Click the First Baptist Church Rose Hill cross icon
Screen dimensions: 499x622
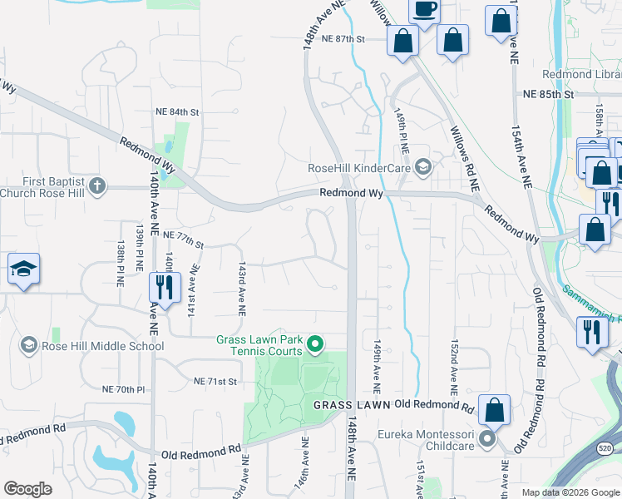97,185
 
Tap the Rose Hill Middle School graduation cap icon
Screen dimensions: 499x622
29,345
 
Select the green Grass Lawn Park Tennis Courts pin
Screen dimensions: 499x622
315,343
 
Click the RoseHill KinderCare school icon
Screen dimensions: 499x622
422,168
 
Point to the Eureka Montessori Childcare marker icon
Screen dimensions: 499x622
488,437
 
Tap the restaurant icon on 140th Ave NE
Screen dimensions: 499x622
164,288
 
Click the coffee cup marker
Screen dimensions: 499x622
425,10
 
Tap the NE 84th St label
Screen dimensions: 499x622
178,111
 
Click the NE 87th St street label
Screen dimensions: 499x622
343,39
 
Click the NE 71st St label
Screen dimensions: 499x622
215,381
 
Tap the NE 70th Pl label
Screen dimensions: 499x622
123,389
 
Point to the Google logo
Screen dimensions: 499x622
27,489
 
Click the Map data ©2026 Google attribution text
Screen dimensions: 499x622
570,492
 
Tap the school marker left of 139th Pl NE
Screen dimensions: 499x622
23,269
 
